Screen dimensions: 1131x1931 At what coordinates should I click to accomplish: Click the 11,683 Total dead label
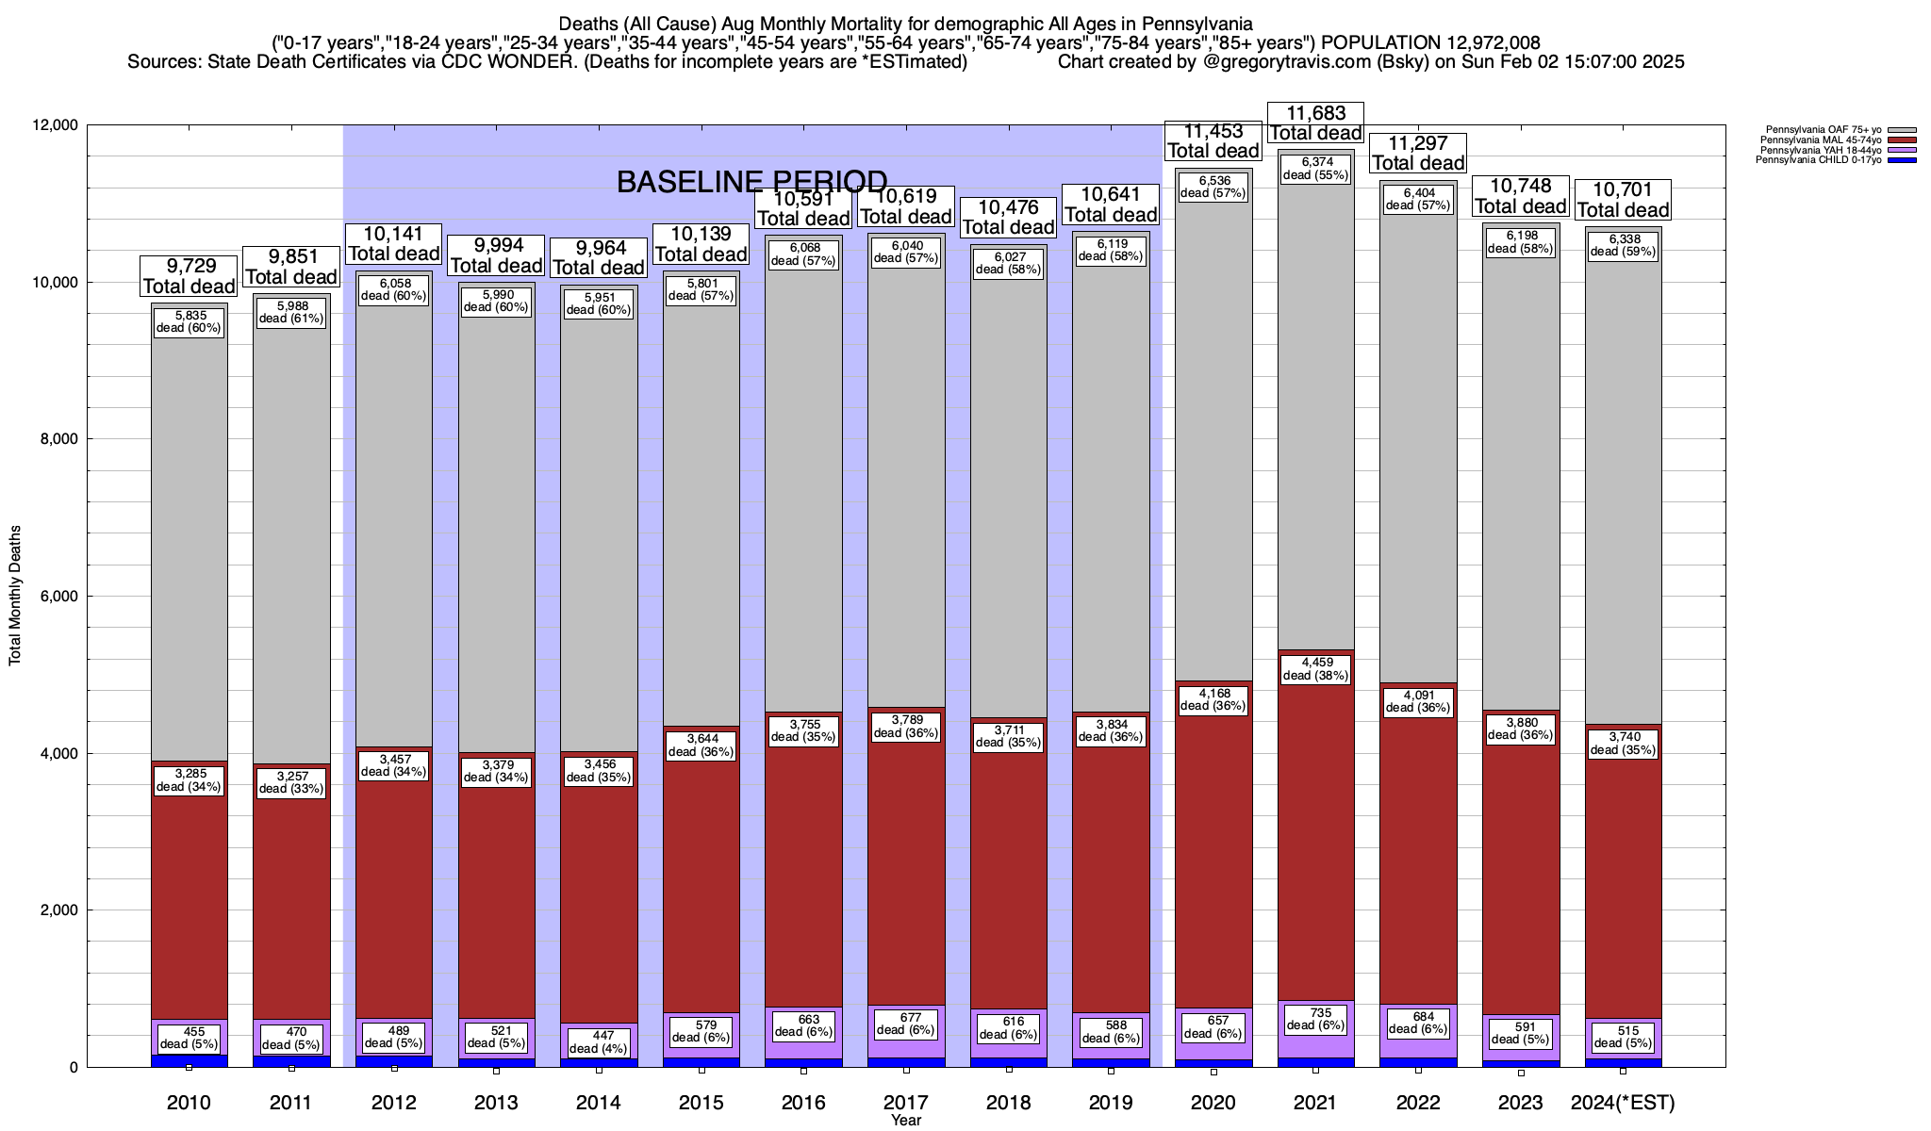(x=1315, y=123)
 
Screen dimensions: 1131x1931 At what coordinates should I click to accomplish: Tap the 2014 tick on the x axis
(x=599, y=1103)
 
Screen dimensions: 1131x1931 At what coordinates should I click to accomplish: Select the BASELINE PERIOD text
(x=751, y=182)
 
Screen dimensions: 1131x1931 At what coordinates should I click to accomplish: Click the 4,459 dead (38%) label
(x=1315, y=668)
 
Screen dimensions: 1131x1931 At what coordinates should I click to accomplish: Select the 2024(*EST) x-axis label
(x=1623, y=1103)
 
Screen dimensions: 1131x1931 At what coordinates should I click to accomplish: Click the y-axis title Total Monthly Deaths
(x=15, y=596)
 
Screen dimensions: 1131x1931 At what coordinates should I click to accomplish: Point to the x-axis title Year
(x=906, y=1121)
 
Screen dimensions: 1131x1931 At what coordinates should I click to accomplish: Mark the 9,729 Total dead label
(x=189, y=276)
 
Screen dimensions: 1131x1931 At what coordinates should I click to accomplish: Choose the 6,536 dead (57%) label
(x=1213, y=187)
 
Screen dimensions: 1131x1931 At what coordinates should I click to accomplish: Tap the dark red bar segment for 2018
(x=1009, y=877)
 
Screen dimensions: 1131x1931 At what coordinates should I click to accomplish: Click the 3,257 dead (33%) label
(x=291, y=783)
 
